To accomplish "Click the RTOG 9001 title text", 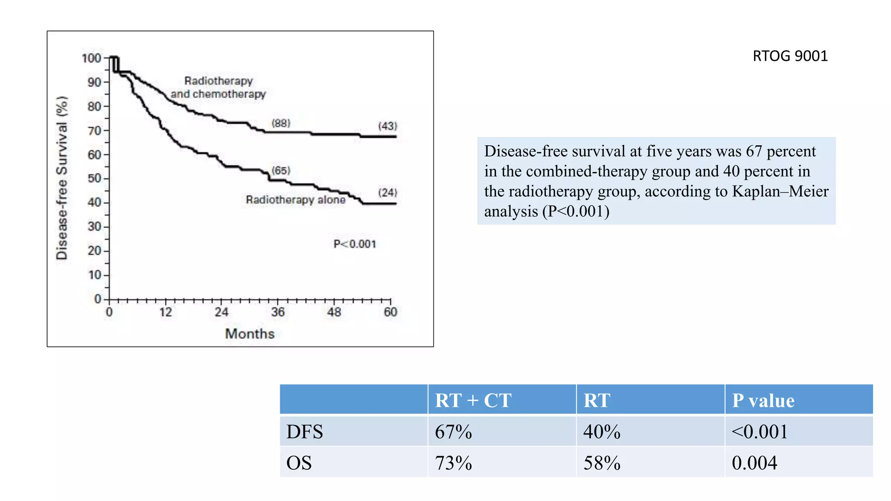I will pos(790,56).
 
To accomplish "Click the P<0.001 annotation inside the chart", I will pos(355,244).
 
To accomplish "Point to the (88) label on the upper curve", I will pos(281,123).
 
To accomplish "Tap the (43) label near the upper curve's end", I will pos(387,126).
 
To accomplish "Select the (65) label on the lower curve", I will pos(281,170).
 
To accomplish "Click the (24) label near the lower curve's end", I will pos(387,192).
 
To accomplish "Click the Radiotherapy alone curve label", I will pos(295,200).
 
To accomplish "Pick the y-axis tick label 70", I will pos(94,130).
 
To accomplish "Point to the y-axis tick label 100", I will pos(91,58).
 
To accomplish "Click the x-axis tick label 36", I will pos(278,312).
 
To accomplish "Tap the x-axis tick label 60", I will pos(390,312).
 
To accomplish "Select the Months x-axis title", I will pos(250,334).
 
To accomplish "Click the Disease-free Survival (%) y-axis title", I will pos(62,178).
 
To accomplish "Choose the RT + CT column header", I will pos(473,400).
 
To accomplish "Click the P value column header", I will pos(763,400).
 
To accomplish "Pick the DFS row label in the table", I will pos(305,432).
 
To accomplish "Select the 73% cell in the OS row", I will pos(453,463).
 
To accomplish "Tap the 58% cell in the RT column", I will pos(602,463).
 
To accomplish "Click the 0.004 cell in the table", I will pos(754,463).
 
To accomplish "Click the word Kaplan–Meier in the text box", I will pos(780,191).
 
